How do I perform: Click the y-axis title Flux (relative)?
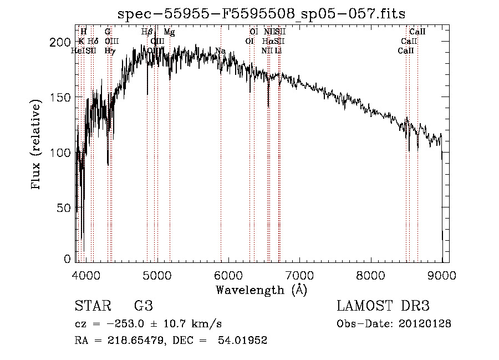pos(37,145)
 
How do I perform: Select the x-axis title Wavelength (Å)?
pos(261,290)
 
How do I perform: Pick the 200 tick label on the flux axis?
pos(63,42)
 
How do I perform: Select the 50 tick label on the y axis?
pos(66,208)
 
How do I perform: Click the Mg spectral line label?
pos(169,32)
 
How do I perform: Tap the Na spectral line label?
pos(220,51)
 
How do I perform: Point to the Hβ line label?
pos(147,32)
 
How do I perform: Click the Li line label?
pos(278,51)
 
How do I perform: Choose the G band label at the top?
pos(108,32)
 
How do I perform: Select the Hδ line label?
pos(93,42)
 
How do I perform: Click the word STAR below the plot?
pos(89,306)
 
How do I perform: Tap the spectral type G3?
pos(143,306)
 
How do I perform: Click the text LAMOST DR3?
pos(383,306)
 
